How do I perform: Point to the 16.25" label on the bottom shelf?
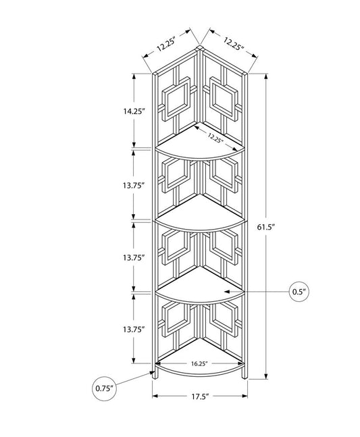coord(199,363)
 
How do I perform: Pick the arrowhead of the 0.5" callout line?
coord(247,292)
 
